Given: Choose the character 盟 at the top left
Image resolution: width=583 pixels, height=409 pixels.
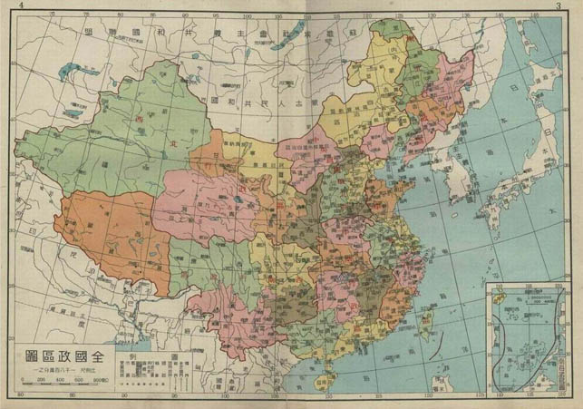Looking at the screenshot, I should pos(87,31).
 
